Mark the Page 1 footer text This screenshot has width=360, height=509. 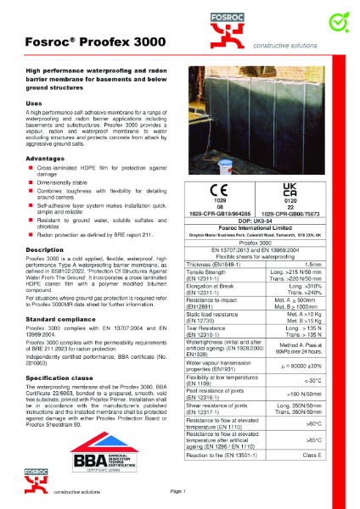pos(177,491)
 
